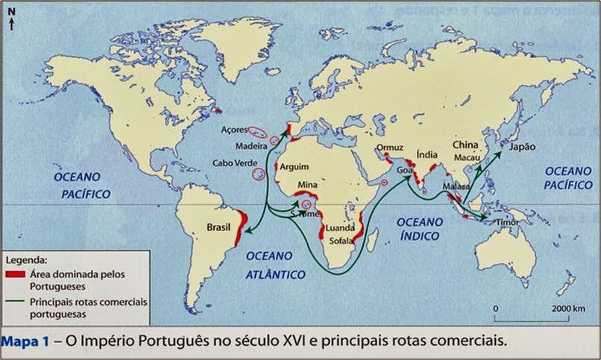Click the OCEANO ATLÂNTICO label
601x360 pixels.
(275, 265)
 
